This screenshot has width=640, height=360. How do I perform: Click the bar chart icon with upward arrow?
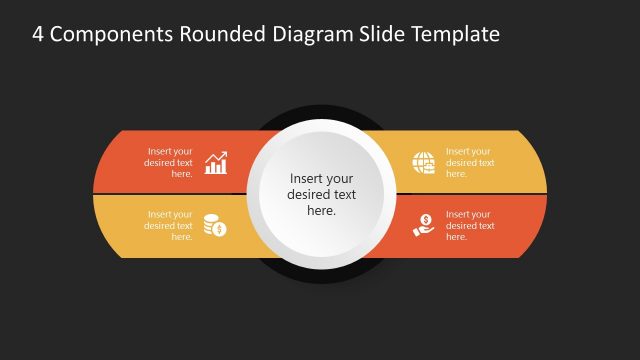tap(216, 163)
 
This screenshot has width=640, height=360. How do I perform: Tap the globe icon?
tap(423, 163)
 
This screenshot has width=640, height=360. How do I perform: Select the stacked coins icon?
tap(215, 225)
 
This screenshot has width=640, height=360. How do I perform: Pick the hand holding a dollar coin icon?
tap(423, 225)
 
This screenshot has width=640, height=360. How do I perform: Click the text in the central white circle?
tap(321, 195)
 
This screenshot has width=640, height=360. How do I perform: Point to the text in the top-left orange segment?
tap(169, 162)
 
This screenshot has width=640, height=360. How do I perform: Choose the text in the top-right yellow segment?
tap(470, 162)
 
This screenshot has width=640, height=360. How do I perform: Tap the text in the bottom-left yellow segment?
tap(169, 225)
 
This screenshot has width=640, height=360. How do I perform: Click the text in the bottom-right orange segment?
tap(470, 225)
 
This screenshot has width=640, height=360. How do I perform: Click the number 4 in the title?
tap(38, 35)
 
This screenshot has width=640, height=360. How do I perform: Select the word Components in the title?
tap(108, 35)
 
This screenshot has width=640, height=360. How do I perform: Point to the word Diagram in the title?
tap(309, 35)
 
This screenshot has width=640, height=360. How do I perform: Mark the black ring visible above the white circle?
tap(320, 111)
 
